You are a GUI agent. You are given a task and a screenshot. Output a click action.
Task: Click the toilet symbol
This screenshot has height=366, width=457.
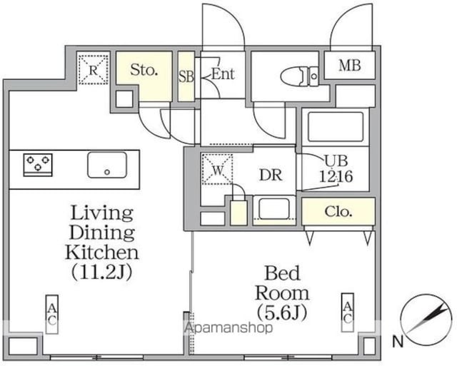(299, 76)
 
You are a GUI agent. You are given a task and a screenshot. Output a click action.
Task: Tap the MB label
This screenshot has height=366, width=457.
(350, 66)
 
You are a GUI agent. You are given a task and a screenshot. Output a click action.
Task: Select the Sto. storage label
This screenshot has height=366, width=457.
(144, 70)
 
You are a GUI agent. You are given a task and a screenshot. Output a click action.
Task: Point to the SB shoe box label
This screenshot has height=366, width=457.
(186, 76)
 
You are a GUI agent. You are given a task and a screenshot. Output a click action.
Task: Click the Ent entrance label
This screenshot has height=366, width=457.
(223, 74)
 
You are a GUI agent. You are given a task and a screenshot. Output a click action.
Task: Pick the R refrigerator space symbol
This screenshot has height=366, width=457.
(94, 70)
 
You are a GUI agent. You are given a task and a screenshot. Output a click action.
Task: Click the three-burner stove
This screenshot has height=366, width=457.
(38, 165)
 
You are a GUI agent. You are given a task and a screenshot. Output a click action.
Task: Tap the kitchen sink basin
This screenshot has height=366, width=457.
(107, 165)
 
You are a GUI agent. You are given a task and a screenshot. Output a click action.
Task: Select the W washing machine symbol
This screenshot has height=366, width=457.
(217, 170)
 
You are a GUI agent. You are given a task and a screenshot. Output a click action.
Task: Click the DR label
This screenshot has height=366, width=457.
(271, 176)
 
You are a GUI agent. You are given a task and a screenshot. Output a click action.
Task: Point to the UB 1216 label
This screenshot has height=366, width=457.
(336, 168)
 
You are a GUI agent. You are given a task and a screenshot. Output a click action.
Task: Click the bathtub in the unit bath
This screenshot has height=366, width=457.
(336, 126)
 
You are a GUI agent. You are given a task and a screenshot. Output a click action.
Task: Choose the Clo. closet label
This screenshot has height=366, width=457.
(338, 211)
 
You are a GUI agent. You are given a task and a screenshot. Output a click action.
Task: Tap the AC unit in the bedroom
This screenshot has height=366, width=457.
(348, 312)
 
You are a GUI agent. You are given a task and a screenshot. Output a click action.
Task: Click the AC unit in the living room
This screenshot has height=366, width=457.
(52, 314)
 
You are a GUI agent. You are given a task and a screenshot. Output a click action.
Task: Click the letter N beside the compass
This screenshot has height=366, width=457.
(398, 341)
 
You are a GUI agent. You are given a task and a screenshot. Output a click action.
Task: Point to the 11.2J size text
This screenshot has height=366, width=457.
(102, 272)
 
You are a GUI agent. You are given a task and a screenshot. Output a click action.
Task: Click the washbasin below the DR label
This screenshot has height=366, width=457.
(274, 209)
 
